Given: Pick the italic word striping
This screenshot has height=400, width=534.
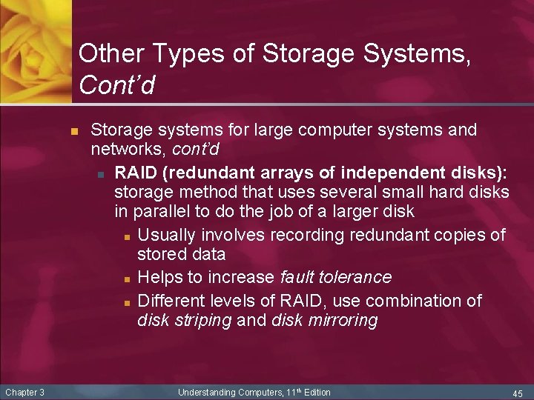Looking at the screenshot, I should (202, 320).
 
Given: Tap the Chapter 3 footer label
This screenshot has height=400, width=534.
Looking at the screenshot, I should (24, 392).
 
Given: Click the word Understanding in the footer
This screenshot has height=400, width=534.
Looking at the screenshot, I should (206, 392).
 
